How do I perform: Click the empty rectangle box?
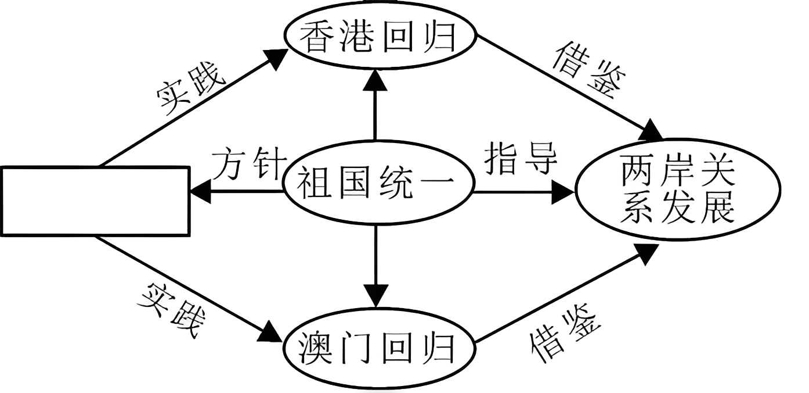coord(95,201)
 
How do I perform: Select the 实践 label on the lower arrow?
coord(172,311)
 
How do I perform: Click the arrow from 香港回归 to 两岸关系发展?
coord(569,87)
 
